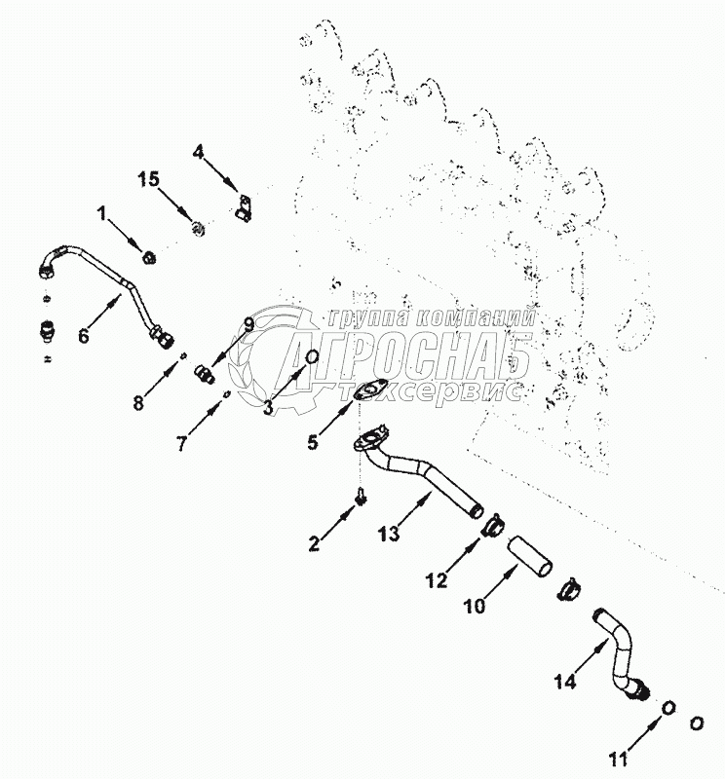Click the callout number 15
click(x=149, y=179)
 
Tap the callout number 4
click(x=199, y=152)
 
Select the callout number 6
click(x=84, y=336)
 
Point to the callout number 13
click(x=389, y=534)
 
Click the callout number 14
click(x=565, y=681)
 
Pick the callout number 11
click(x=618, y=759)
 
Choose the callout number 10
click(x=474, y=606)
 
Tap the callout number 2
click(x=314, y=543)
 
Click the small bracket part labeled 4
click(x=244, y=206)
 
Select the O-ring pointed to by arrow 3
click(x=313, y=356)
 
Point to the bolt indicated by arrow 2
click(x=361, y=496)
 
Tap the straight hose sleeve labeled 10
click(x=529, y=556)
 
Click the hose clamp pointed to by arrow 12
click(x=491, y=525)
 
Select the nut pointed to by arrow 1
click(x=149, y=258)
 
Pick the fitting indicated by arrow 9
click(x=205, y=374)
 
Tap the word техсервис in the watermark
click(x=431, y=391)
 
